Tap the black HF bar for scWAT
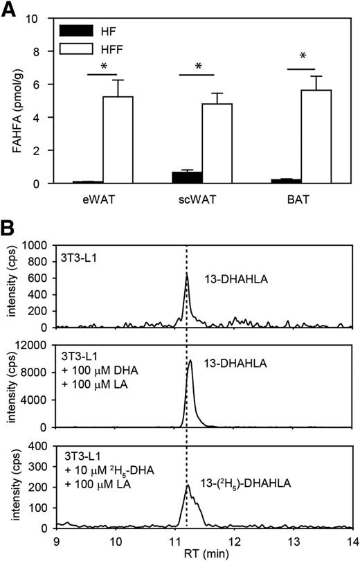187,177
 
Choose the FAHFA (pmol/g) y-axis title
12,100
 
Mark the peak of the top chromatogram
186,275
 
